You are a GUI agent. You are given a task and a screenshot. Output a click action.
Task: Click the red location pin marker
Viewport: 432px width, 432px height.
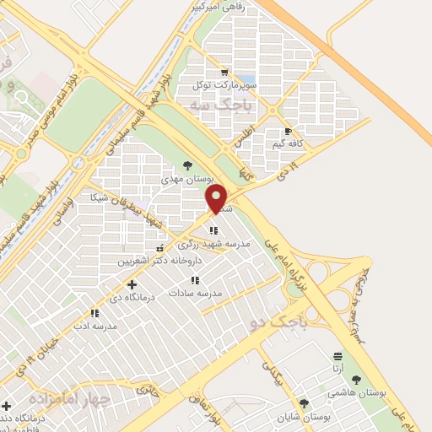click(x=217, y=199)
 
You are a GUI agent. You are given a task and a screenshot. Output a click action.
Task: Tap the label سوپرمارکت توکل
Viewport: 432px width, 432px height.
click(x=223, y=84)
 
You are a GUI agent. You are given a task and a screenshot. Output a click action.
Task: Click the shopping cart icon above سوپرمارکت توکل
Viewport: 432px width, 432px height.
click(x=224, y=73)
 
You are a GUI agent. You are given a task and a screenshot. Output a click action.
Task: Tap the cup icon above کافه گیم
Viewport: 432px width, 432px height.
click(x=289, y=132)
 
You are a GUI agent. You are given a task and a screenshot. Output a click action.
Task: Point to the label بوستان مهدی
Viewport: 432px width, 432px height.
click(x=187, y=179)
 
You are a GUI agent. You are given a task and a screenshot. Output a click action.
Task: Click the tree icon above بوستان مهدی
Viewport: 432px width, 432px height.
click(x=187, y=166)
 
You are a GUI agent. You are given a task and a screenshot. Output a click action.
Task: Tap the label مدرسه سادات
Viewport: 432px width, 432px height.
click(x=195, y=292)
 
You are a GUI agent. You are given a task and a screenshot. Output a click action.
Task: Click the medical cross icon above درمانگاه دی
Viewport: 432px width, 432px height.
click(x=131, y=284)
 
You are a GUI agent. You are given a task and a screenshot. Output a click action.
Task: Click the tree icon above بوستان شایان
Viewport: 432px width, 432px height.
click(x=304, y=404)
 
